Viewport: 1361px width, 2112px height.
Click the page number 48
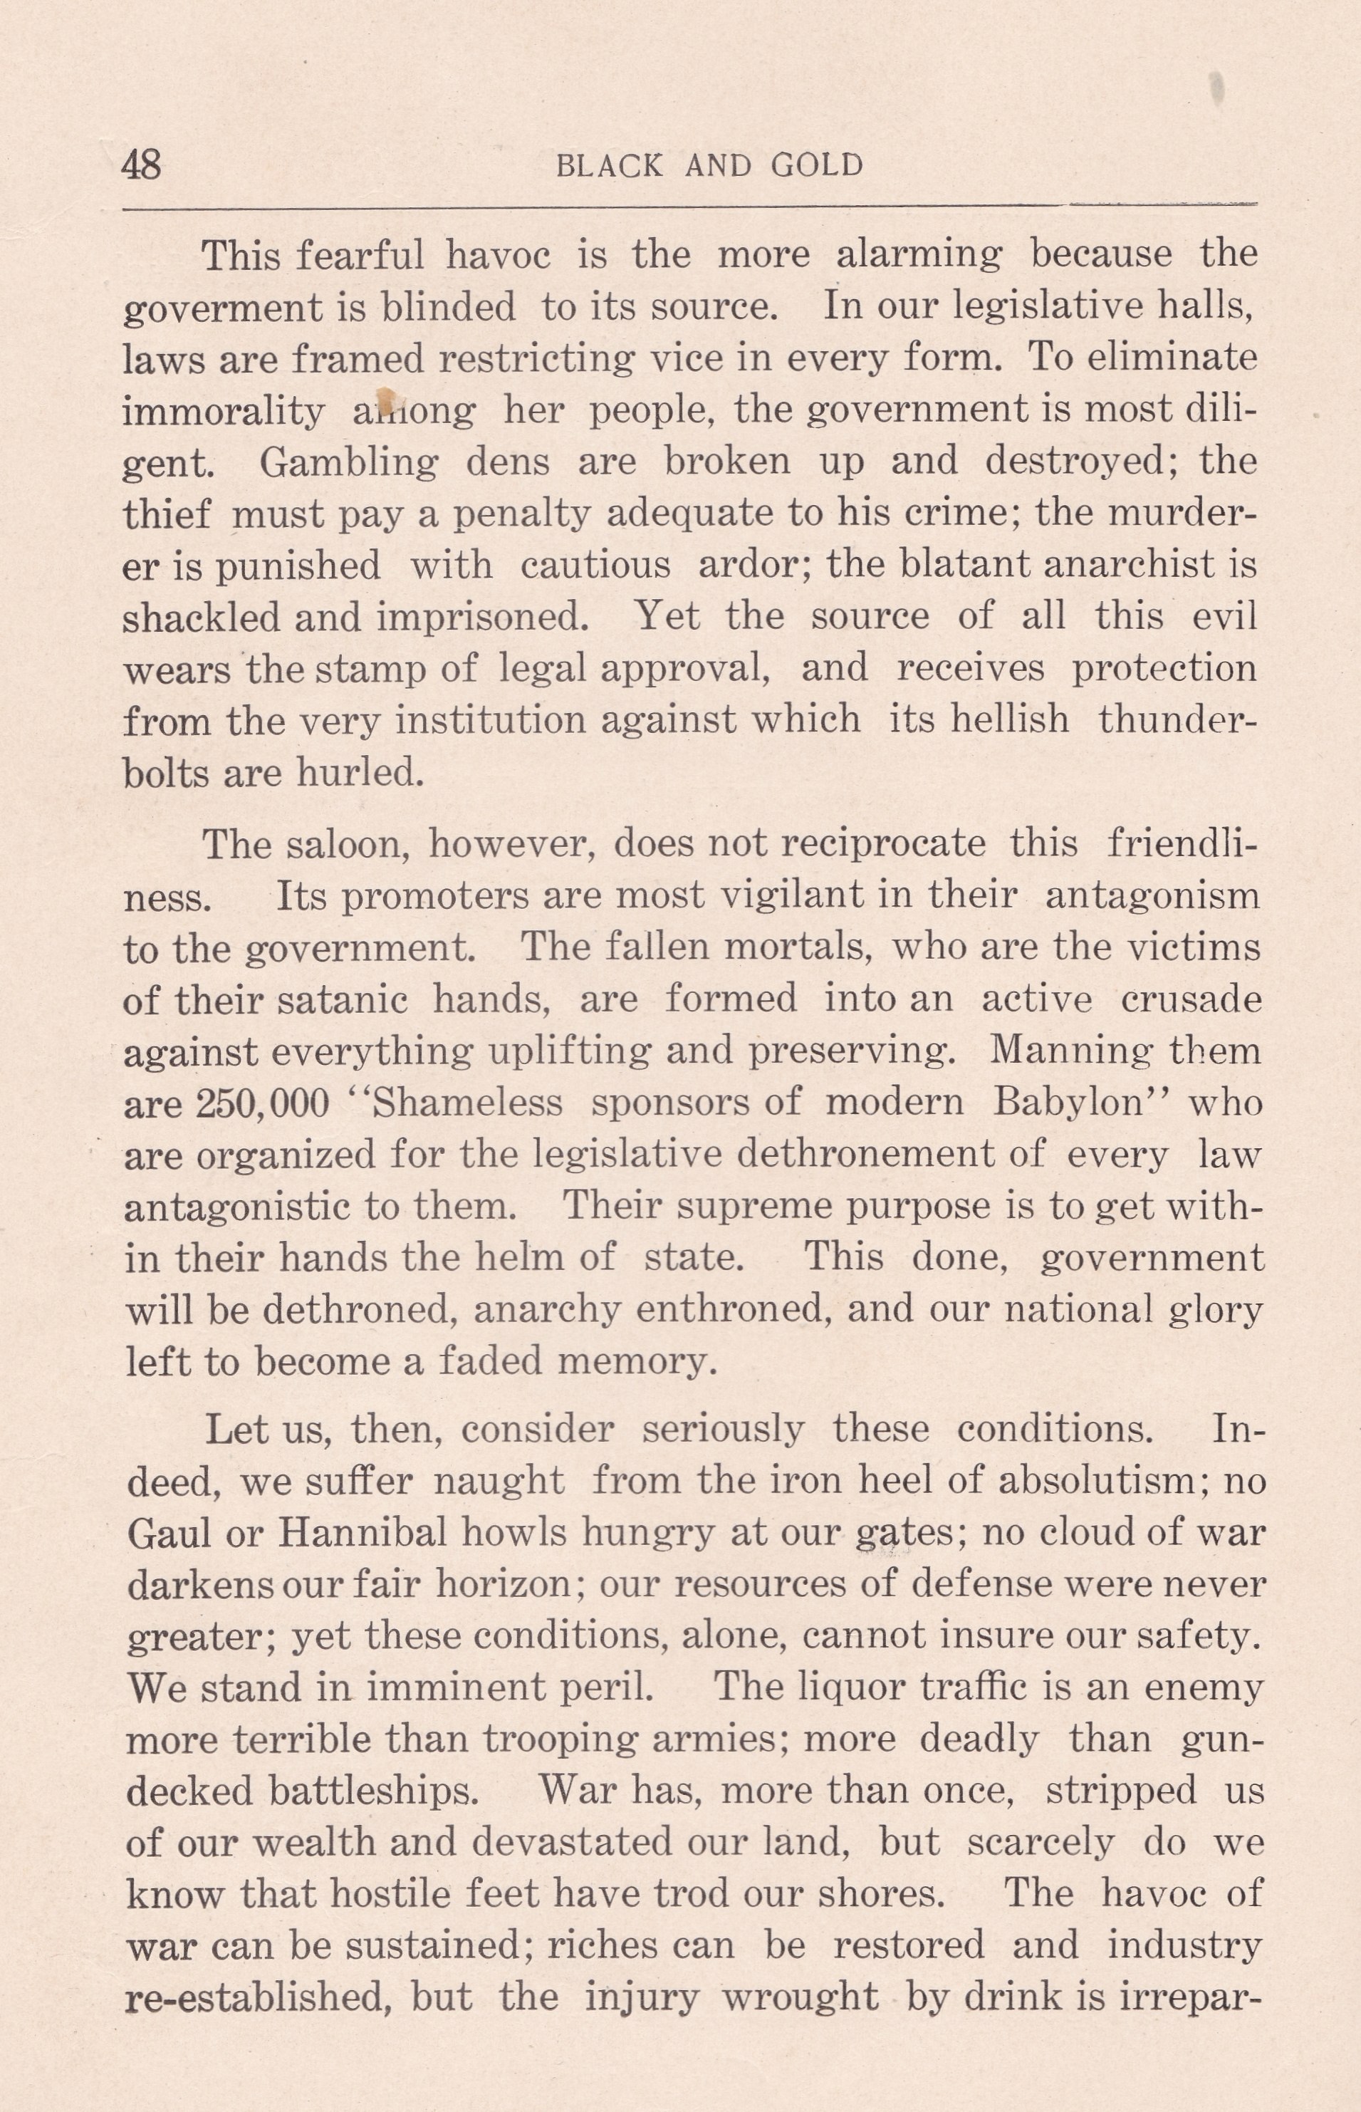coord(142,165)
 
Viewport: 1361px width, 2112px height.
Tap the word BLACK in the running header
coord(609,166)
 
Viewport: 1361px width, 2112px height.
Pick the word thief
coord(167,514)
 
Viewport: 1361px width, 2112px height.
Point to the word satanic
coord(342,999)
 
